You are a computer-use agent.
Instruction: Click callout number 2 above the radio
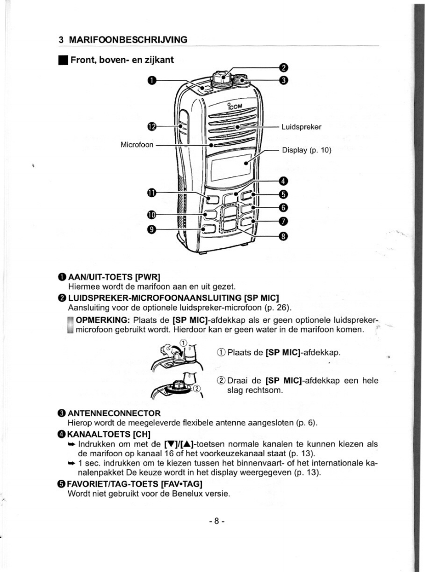pos(284,68)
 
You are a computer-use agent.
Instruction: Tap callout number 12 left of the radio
pos(151,127)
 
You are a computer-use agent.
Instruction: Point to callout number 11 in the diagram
pos(151,192)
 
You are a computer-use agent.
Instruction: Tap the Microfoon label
pos(137,145)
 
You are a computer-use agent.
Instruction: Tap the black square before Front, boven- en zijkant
pos(62,60)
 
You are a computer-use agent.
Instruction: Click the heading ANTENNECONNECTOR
pos(114,412)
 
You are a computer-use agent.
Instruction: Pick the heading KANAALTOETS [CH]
pos(105,434)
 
